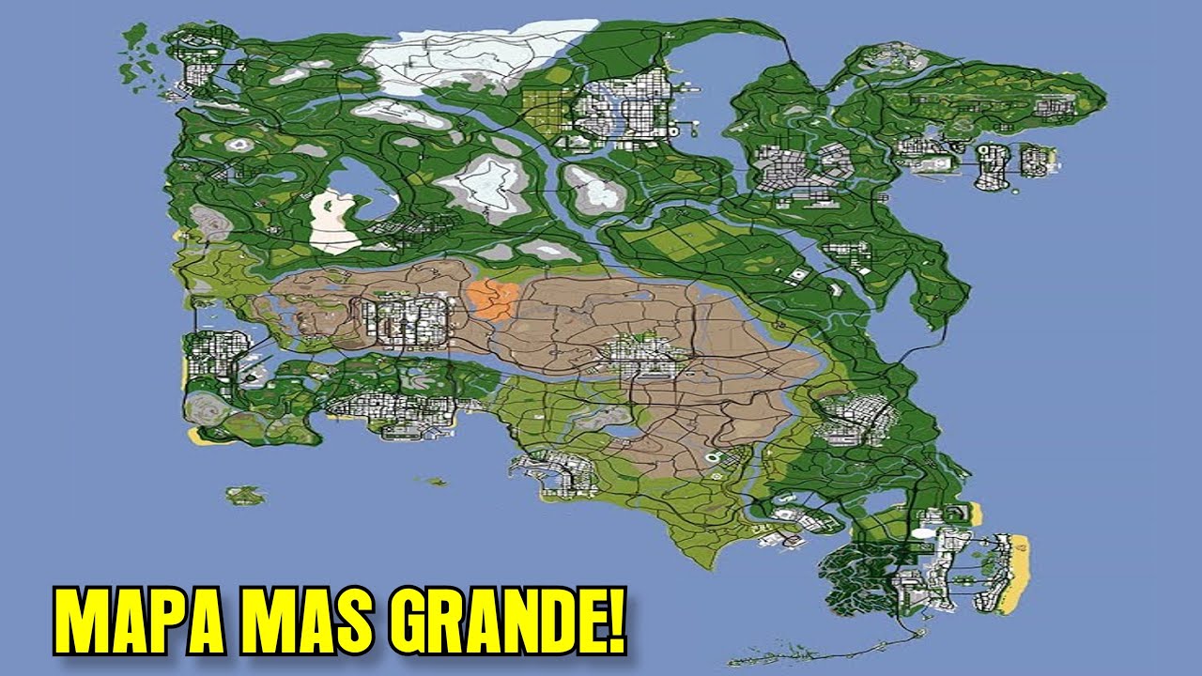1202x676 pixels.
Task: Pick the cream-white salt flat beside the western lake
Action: (x=334, y=221)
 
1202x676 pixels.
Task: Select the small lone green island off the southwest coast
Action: (x=245, y=494)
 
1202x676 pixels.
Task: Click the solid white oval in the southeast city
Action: (x=924, y=533)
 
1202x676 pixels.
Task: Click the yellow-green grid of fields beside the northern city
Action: (x=543, y=112)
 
